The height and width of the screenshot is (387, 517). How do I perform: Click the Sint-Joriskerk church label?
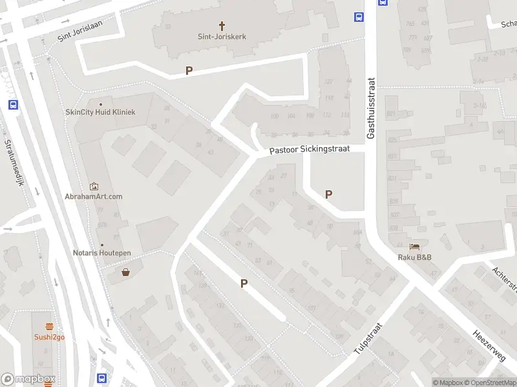[222, 37]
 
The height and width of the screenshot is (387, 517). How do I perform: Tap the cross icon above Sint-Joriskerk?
[222, 26]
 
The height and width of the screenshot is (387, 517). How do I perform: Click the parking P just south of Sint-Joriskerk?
[189, 71]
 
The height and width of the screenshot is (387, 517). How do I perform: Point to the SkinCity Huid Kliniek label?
[100, 112]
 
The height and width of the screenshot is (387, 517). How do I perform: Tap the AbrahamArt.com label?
[94, 196]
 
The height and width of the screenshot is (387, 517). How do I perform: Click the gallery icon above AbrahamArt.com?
[94, 186]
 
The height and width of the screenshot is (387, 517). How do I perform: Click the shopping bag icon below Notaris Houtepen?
[125, 272]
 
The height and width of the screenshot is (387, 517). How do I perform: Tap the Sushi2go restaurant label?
[50, 337]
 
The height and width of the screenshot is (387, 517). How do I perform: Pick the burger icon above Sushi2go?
[50, 326]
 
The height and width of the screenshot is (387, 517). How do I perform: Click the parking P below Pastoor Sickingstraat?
[328, 193]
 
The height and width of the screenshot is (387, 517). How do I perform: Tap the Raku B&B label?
[414, 257]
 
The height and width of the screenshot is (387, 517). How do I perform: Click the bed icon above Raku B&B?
[414, 247]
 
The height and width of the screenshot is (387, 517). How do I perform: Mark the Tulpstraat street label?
[368, 339]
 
